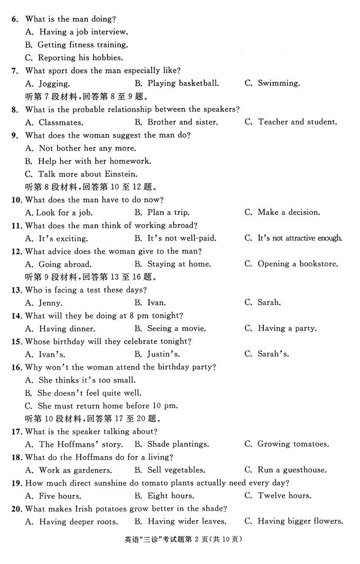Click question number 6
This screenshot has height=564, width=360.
pos(15,19)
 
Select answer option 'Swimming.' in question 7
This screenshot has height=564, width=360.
pos(278,83)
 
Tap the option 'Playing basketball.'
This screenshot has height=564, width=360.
pos(183,83)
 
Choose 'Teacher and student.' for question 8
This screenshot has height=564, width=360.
pos(297,122)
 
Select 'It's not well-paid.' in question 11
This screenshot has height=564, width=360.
pos(182,239)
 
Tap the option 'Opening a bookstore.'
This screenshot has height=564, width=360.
pos(298,264)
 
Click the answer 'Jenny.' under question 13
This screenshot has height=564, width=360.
pos(50,303)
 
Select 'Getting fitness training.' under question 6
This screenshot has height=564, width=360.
pos(83,45)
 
